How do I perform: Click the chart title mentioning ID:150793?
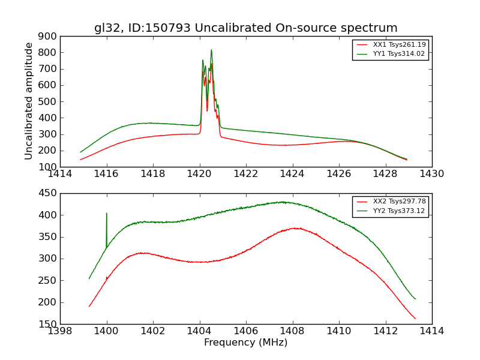pos(245,28)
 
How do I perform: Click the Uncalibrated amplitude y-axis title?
pos(29,101)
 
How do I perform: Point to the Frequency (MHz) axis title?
pos(245,343)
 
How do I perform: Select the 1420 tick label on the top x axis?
pos(199,174)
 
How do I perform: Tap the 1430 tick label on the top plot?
pos(431,174)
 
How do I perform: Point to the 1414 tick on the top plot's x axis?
pos(60,174)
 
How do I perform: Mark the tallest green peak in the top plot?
pos(211,50)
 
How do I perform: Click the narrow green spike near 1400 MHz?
pos(107,214)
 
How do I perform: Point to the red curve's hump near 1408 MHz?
pos(296,228)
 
